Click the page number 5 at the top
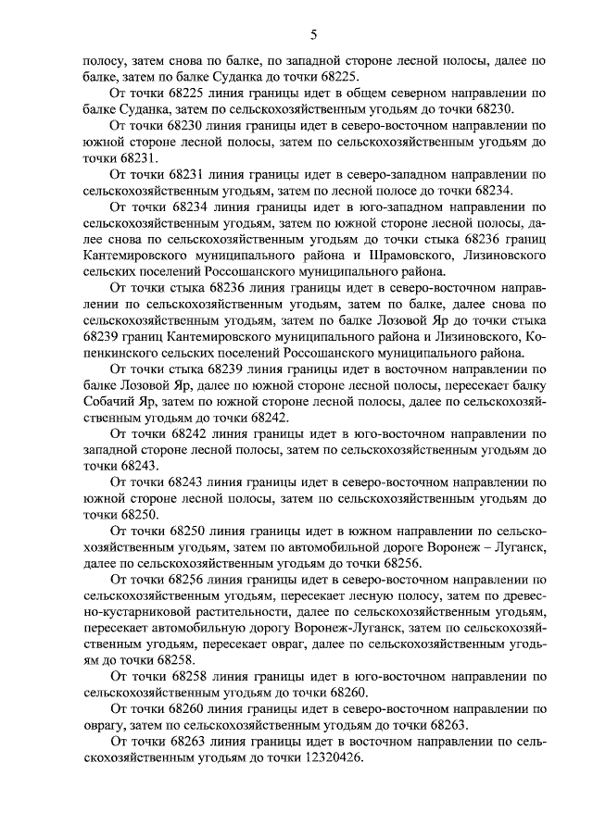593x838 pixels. pyautogui.click(x=313, y=35)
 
